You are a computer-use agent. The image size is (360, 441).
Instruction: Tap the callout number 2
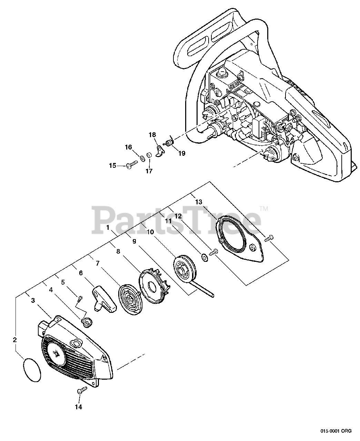point(14,340)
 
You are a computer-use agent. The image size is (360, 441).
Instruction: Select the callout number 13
point(198,202)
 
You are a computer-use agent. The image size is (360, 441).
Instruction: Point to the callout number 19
point(181,153)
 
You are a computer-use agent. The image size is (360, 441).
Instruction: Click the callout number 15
point(112,166)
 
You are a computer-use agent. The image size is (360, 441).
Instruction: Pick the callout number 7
point(98,263)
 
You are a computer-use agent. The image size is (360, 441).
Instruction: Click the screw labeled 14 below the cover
point(80,391)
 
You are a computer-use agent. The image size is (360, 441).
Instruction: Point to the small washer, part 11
point(204,257)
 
